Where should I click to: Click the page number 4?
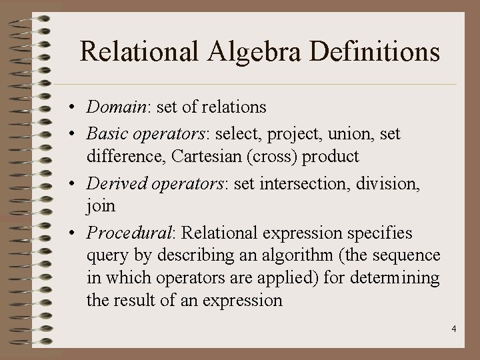pos(453,328)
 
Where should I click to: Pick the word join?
pos(101,207)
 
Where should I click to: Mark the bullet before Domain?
pos(77,107)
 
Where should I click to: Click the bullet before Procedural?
pos(77,234)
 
